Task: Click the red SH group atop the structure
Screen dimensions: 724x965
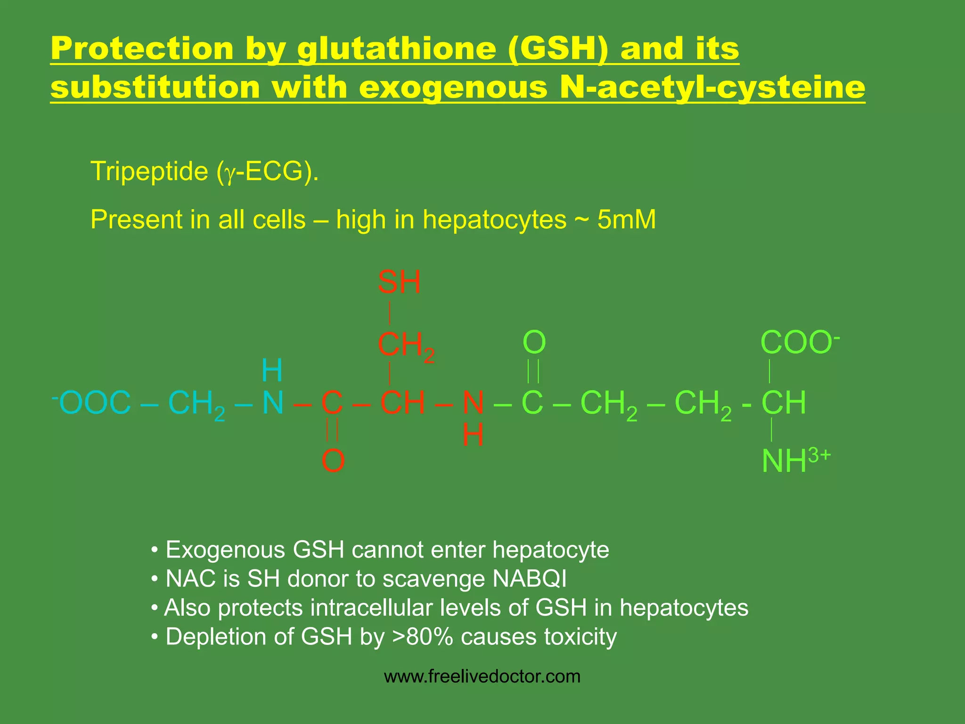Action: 399,283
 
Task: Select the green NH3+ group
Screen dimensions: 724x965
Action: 795,461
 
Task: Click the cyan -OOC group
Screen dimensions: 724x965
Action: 92,403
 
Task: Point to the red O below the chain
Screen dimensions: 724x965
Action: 333,461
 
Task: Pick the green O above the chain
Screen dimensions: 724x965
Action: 534,343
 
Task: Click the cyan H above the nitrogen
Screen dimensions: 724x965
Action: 272,370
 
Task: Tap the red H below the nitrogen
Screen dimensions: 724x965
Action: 473,435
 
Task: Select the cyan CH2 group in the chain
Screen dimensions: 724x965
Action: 196,404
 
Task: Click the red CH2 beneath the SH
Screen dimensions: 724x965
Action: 406,346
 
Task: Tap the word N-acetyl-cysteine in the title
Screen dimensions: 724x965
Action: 712,88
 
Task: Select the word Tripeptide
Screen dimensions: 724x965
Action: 149,171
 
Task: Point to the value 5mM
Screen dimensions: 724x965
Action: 626,220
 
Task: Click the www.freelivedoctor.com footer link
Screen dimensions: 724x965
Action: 482,677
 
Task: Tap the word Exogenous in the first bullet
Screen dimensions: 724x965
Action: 225,550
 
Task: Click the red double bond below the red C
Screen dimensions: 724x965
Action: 332,430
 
